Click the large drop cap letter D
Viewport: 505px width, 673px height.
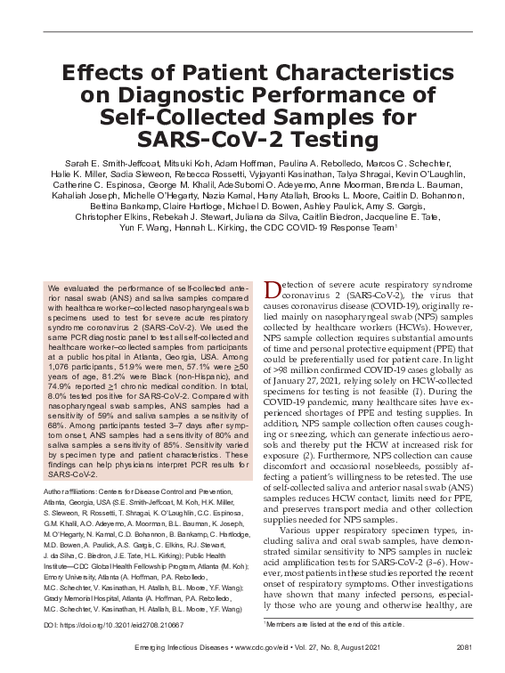[273, 291]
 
